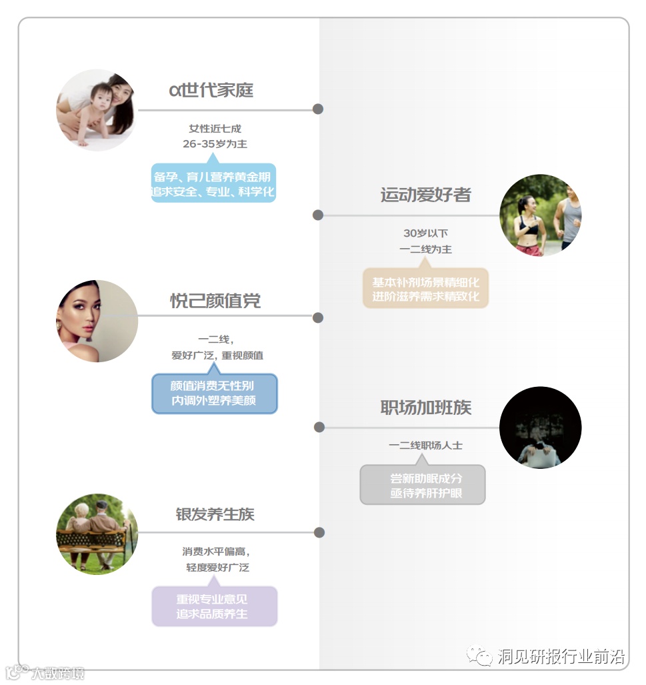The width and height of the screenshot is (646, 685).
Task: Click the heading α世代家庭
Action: coord(211,90)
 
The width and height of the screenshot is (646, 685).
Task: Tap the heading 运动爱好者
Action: coord(425,195)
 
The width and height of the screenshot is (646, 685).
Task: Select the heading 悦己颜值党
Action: coord(215,301)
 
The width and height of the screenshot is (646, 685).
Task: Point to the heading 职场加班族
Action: coord(425,408)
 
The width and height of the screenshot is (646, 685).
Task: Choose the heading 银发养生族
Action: coord(215,514)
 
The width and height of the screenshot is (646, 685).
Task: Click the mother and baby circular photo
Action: coord(97,110)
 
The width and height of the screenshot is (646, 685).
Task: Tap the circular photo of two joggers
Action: coord(540,215)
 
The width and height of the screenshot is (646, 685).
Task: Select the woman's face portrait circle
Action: coord(97,321)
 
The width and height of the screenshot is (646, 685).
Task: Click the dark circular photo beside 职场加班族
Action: coord(540,428)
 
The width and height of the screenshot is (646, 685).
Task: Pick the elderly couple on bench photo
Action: coord(97,534)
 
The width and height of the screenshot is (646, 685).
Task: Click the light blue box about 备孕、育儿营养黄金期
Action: coord(213,183)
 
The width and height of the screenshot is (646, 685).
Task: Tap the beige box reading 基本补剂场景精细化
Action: coord(425,289)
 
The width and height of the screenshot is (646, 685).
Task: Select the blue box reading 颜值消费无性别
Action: coord(213,394)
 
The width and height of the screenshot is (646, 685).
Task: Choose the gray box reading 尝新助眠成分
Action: coord(423,486)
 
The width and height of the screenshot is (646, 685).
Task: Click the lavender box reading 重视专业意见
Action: coord(213,606)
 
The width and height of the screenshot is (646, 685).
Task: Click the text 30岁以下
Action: coord(425,233)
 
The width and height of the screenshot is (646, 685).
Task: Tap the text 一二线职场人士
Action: coord(425,445)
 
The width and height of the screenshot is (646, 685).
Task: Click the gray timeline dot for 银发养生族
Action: coord(319,532)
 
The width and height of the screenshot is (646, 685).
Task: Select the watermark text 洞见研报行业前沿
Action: coord(561,657)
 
